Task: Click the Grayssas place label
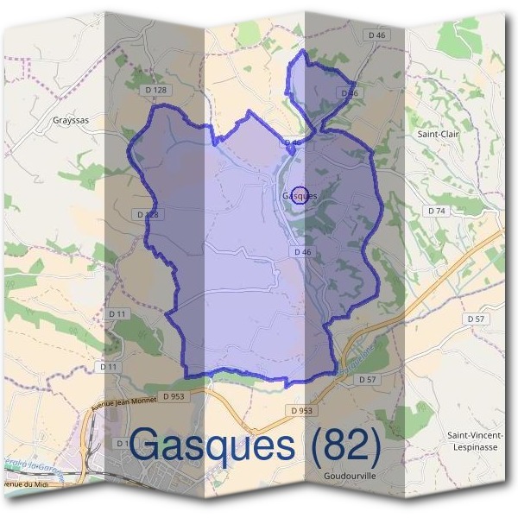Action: tap(71, 121)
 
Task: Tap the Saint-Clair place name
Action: tap(438, 135)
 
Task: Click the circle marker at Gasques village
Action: tap(299, 195)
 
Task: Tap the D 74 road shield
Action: tap(435, 211)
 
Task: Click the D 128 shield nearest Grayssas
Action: tap(156, 90)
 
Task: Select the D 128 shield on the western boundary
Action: tap(147, 214)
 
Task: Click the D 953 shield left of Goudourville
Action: tap(301, 411)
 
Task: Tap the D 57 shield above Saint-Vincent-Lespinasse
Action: tap(476, 319)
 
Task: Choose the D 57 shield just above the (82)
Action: tap(367, 380)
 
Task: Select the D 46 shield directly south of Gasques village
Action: tap(301, 252)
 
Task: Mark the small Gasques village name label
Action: tap(300, 196)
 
